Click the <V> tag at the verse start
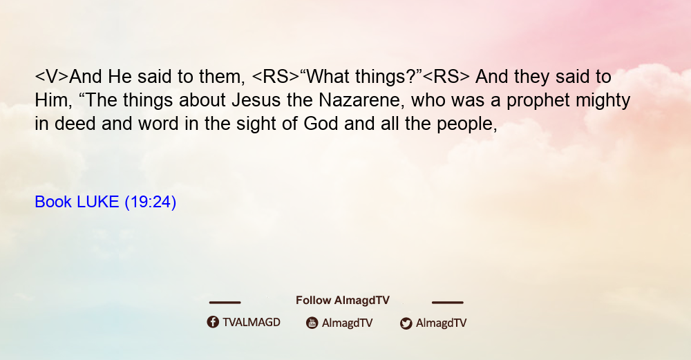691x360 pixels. coord(52,77)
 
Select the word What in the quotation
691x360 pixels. coord(325,77)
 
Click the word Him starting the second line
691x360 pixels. coord(50,100)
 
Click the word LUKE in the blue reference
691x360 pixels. coord(98,202)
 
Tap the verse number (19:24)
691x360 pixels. coord(151,202)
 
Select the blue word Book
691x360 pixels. coord(53,202)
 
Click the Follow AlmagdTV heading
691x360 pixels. coord(343,301)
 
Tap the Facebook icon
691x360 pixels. coord(213,322)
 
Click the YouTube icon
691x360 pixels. coord(312,323)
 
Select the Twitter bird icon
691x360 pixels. coord(406,323)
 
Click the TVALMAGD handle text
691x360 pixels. coord(252,323)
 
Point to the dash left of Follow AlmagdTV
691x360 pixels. coord(225,303)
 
